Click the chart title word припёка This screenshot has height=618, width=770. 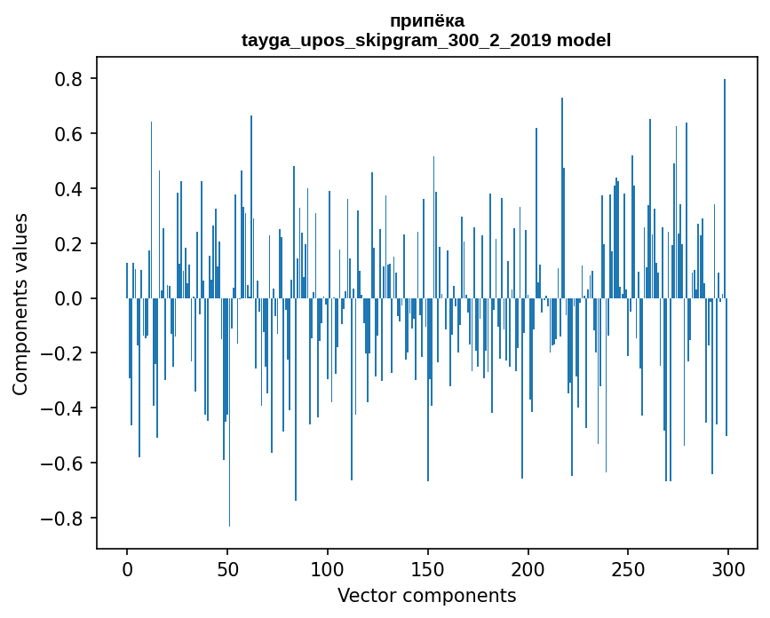(426, 20)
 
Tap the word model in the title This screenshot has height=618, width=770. (583, 40)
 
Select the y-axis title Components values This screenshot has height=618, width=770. (20, 304)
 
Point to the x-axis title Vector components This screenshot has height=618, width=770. (426, 595)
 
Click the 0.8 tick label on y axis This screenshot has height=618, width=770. (68, 79)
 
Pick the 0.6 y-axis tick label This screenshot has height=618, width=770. (68, 134)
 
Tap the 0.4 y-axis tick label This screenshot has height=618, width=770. (68, 189)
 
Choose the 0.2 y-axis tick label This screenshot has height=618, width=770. (68, 244)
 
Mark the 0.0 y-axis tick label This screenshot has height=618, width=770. (68, 299)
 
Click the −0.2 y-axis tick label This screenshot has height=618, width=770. (62, 353)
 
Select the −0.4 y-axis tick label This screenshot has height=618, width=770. (62, 408)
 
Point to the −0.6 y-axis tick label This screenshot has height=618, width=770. (62, 463)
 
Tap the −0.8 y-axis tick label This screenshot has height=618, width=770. (62, 519)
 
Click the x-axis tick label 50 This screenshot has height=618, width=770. (227, 568)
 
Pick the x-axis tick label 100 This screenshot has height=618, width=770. (328, 568)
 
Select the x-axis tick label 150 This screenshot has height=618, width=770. (428, 568)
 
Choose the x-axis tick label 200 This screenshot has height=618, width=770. (528, 568)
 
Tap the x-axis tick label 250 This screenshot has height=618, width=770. (628, 568)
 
